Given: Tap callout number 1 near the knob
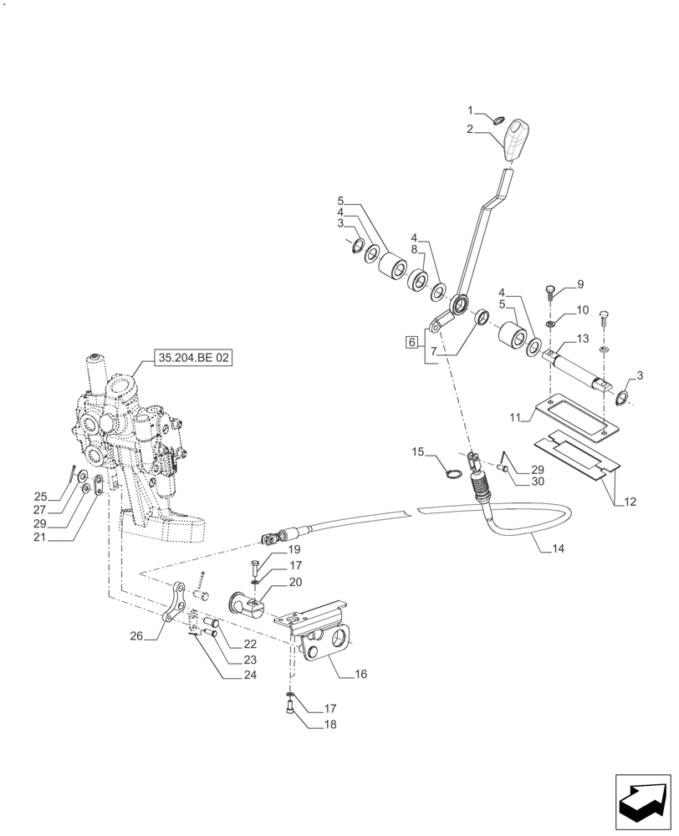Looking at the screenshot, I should point(471,110).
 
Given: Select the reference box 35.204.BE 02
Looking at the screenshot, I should point(192,358).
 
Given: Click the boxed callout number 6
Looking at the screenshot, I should point(411,342).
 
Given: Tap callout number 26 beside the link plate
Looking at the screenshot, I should point(137,636).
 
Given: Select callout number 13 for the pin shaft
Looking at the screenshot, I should point(582,339).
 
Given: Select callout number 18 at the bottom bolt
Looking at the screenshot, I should point(329,725).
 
